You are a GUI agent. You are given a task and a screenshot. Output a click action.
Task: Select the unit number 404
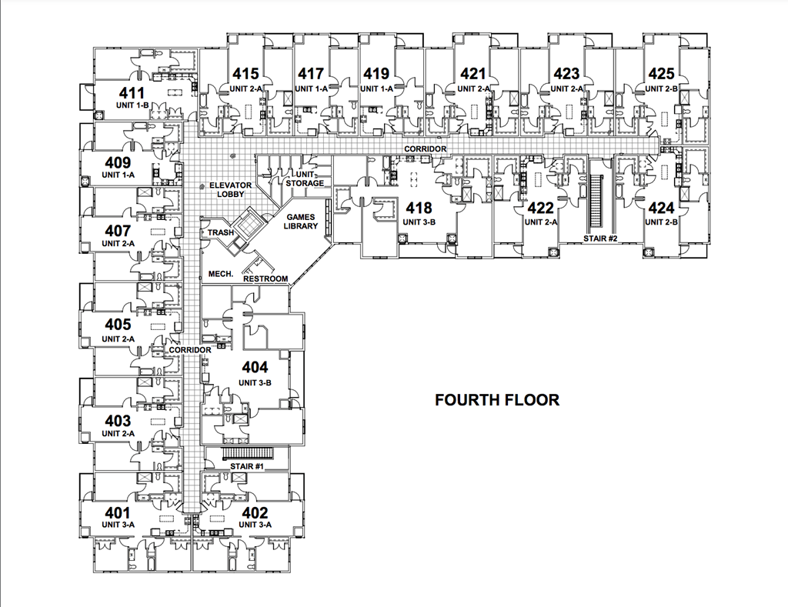point(255,368)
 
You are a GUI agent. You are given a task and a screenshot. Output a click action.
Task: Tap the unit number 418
point(419,208)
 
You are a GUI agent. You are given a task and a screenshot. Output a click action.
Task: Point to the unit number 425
point(661,75)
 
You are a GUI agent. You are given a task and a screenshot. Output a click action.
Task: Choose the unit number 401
point(118,513)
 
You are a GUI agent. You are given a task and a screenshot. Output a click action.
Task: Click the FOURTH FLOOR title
point(496,400)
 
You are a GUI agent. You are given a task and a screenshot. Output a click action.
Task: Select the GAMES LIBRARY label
point(301,222)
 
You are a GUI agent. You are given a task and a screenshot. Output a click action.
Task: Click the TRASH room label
point(221,232)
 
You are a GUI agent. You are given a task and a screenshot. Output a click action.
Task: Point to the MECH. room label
point(221,275)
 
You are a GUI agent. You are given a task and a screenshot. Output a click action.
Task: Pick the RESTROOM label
point(265,278)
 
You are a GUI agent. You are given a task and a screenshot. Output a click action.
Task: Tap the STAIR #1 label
point(247,467)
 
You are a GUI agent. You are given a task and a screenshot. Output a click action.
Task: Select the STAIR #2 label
point(600,238)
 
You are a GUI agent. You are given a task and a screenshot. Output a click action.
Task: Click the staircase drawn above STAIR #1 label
point(247,452)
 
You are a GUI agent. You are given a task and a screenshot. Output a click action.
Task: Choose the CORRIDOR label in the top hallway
point(426,148)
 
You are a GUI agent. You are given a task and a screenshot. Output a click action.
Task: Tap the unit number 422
point(540,208)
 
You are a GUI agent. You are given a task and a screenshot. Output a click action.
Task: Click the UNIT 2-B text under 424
point(661,222)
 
